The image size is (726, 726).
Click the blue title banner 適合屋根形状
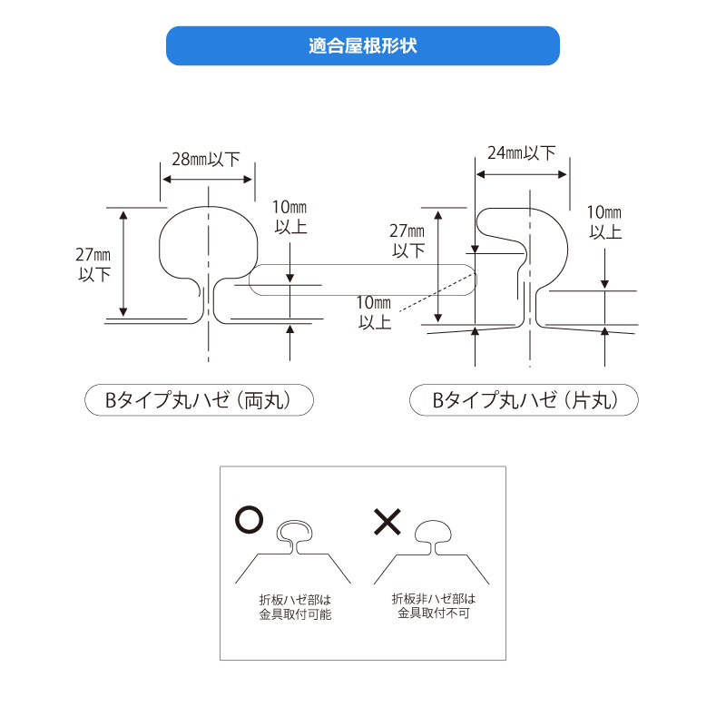click(x=362, y=46)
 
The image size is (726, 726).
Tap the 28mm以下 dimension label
click(x=206, y=160)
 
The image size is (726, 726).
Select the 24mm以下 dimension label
click(x=521, y=152)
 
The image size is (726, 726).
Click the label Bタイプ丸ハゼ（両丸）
click(x=199, y=400)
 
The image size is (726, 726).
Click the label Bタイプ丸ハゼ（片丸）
click(x=524, y=400)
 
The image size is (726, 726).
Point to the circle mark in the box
click(x=249, y=519)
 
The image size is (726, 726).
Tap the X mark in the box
click(x=388, y=522)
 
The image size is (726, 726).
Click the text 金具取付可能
click(x=295, y=614)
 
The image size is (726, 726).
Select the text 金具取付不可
click(x=434, y=613)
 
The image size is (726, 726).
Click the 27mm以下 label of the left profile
click(x=93, y=264)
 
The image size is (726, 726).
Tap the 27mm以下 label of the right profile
click(x=407, y=240)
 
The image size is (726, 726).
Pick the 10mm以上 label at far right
click(x=604, y=221)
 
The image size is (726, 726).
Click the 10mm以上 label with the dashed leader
click(x=374, y=312)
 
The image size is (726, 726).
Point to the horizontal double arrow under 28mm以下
click(x=208, y=180)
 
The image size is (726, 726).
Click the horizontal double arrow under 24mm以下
click(x=521, y=174)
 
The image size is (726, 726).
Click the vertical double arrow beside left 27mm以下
click(x=123, y=263)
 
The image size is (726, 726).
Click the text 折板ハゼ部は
click(x=295, y=600)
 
